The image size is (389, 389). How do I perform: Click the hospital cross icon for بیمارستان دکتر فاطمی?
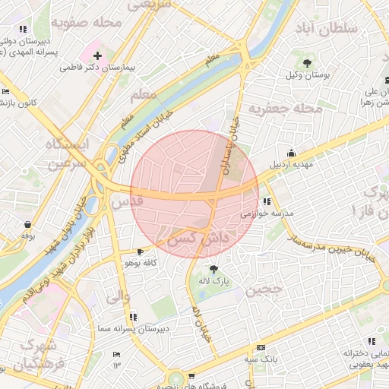coord(97,55)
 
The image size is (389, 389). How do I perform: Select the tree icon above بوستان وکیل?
coord(308,62)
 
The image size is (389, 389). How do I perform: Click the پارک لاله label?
coord(213,282)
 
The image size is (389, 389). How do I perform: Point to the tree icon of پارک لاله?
coord(213,269)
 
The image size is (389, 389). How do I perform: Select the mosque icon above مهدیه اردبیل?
coord(290,152)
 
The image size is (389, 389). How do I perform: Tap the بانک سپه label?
coord(259,359)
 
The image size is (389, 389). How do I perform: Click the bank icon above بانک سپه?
coord(261,346)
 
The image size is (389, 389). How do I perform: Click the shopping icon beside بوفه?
coord(29,224)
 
